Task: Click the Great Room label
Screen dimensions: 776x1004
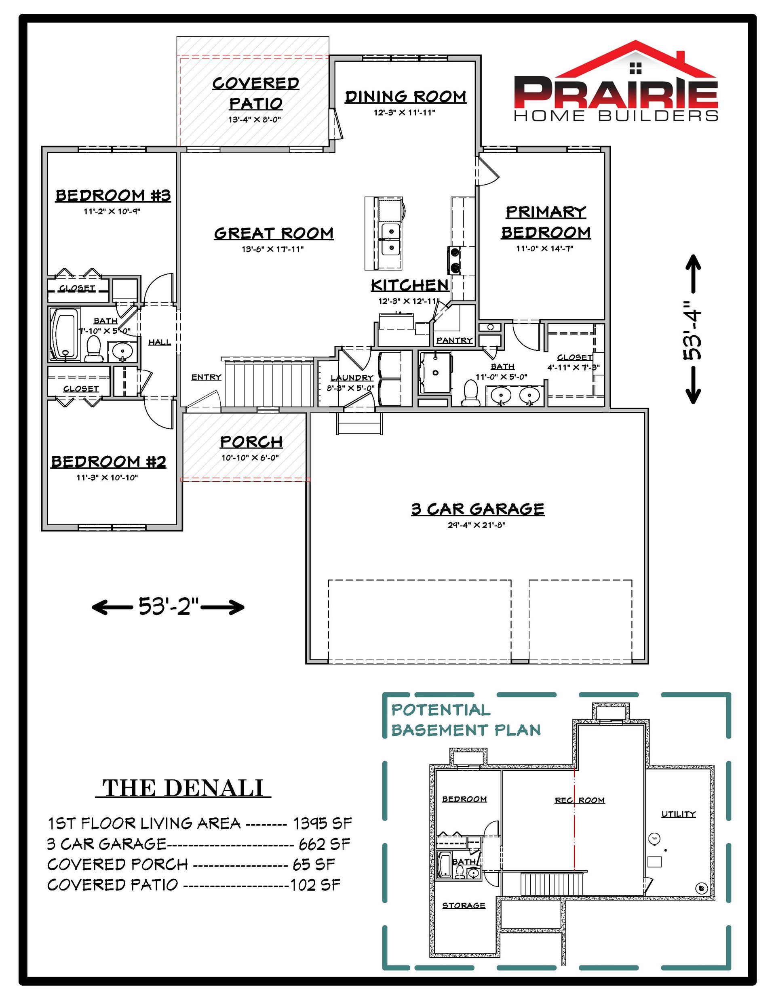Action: [274, 234]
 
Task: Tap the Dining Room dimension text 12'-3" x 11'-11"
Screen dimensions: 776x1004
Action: [404, 113]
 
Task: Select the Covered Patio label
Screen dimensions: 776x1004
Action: [256, 93]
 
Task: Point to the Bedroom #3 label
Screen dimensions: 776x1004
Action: [113, 196]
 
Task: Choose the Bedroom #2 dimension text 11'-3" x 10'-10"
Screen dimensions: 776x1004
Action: [107, 478]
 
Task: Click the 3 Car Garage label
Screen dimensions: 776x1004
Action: [478, 509]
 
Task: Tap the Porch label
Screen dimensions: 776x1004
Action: [251, 442]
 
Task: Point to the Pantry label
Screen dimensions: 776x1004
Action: [454, 340]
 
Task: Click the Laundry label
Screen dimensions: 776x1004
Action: [352, 378]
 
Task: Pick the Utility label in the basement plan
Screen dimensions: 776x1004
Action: [679, 814]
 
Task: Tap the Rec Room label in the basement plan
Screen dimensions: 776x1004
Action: [580, 800]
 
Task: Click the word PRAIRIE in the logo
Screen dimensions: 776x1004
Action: [616, 93]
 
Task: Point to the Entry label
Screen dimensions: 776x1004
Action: [207, 377]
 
